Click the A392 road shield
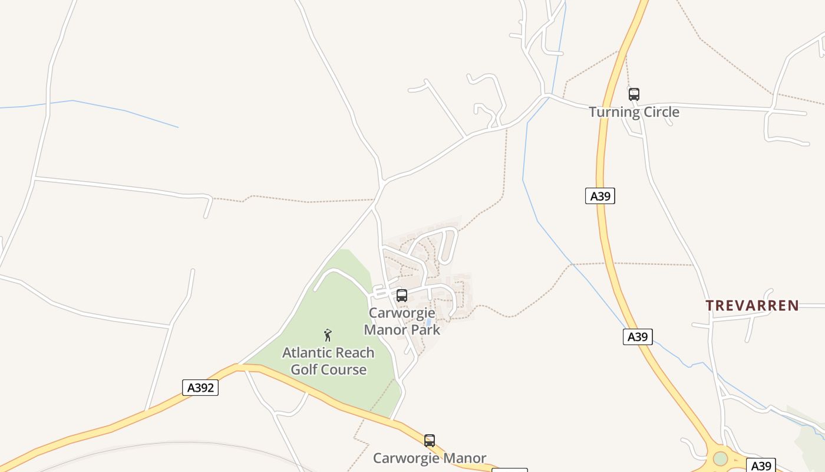200,388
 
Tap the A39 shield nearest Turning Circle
600,196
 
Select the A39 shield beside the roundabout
761,465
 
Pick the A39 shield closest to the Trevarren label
638,337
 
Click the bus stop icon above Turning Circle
634,94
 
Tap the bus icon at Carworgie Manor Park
402,296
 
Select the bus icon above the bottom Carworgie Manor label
430,440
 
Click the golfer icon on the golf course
328,335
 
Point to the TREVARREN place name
753,306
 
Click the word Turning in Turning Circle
614,112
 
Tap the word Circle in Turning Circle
661,112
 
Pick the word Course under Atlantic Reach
342,370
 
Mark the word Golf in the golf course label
304,370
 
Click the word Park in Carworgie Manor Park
424,330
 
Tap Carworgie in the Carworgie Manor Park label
402,313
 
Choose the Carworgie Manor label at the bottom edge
430,458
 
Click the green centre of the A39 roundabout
720,458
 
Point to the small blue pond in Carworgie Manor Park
428,322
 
